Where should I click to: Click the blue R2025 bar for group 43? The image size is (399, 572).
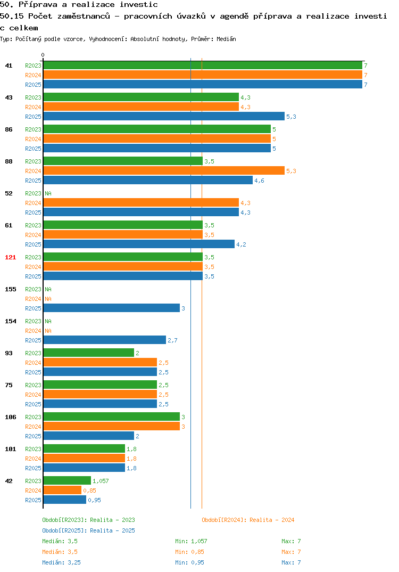[x=164, y=116]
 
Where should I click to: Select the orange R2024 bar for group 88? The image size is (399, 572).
[x=164, y=171]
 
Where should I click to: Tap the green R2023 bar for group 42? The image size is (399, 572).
[x=68, y=481]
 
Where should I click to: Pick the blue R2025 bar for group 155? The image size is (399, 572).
[x=112, y=308]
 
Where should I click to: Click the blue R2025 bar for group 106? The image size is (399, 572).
[x=89, y=436]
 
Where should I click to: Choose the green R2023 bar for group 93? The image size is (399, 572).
[x=89, y=353]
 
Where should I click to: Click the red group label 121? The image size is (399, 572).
[x=11, y=257]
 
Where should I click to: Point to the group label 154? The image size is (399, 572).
[x=11, y=321]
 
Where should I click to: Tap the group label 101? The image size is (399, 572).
[x=11, y=448]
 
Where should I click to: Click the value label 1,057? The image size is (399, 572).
[x=101, y=481]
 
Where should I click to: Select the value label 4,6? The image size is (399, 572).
[x=259, y=181]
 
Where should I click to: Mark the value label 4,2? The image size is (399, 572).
[x=241, y=244]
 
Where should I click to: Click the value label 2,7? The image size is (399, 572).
[x=172, y=340]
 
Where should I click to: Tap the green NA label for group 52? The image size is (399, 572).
[x=48, y=193]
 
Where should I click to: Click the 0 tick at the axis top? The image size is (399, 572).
[x=43, y=55]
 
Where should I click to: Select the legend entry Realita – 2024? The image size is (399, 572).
[x=248, y=520]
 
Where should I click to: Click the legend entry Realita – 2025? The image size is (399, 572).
[x=88, y=530]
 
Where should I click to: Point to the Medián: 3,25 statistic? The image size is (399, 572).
[x=61, y=562]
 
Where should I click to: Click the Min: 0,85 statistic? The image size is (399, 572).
[x=189, y=552]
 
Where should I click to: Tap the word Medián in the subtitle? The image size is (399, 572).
[x=226, y=39]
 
